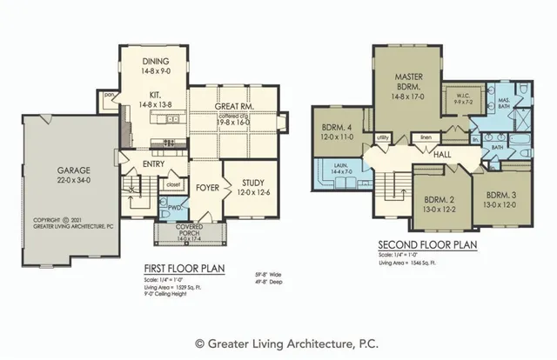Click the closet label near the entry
click(171, 184)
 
